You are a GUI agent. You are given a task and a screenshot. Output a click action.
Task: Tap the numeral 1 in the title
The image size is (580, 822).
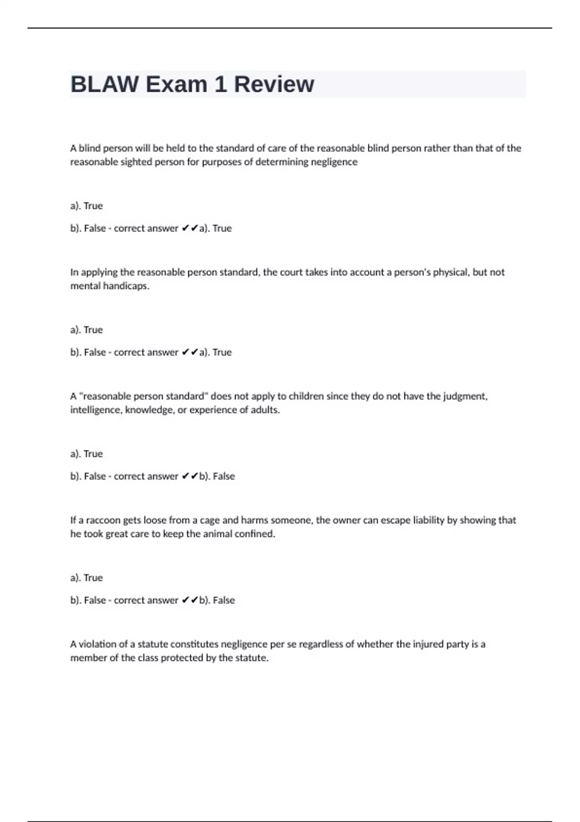coord(220,84)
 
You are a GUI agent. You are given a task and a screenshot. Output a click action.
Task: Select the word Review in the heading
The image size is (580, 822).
coord(274,84)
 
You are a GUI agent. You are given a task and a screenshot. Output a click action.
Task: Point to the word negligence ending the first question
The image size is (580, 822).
coord(334,162)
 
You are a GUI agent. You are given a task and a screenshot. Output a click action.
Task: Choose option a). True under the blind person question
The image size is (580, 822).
coord(87,206)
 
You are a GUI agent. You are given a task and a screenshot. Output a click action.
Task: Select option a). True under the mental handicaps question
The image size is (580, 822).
coord(87,330)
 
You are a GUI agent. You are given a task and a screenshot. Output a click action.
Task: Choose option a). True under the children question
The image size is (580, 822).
coord(87,454)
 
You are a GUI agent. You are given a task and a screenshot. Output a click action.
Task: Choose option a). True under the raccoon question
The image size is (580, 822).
coord(87,578)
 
